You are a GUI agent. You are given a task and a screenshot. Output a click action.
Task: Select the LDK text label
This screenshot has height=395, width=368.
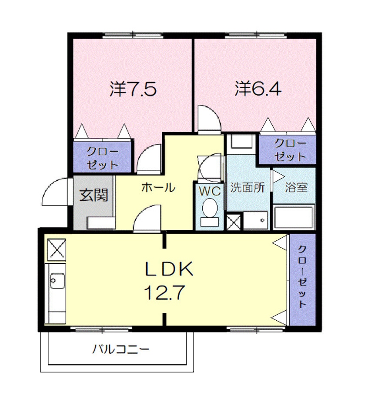pyautogui.click(x=169, y=270)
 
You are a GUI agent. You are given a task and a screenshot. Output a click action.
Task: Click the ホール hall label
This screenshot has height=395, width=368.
pyautogui.click(x=158, y=188)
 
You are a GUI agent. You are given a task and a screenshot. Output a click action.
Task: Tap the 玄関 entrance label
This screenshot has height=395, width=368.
pyautogui.click(x=93, y=195)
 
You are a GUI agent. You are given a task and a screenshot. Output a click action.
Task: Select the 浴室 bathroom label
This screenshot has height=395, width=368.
pyautogui.click(x=296, y=188)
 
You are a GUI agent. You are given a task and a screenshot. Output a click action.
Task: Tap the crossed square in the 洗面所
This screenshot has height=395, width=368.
pyautogui.click(x=234, y=222)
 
